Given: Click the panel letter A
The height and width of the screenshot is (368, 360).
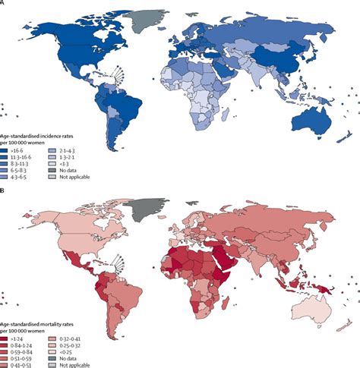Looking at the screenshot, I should click(x=3, y=4).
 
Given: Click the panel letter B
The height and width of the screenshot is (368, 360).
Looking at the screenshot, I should click(x=3, y=187).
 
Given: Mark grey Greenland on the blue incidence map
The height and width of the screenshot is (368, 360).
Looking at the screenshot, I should click(x=144, y=16).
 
